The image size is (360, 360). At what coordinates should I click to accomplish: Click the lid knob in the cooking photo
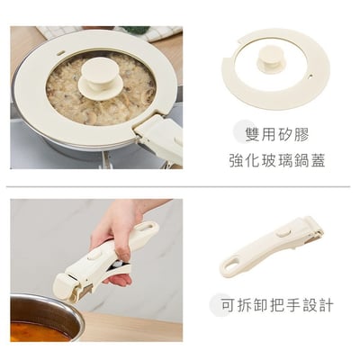point(100,78)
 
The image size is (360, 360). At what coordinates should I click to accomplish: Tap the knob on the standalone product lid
point(271,58)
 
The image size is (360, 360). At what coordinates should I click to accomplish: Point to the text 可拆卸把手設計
point(275,305)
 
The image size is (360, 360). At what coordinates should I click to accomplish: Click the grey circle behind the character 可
point(220,303)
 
